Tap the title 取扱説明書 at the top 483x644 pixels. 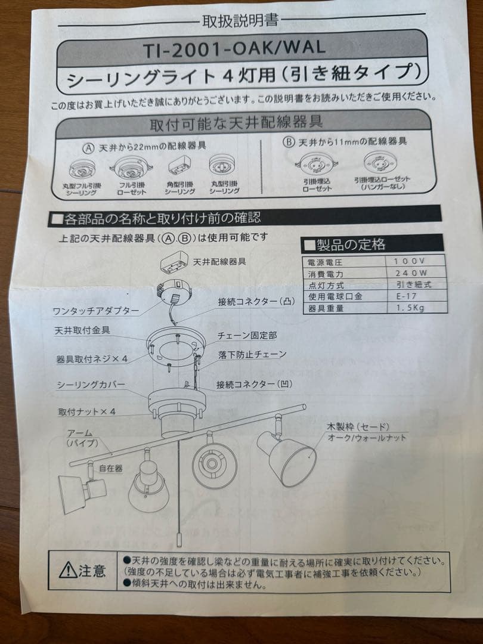(241, 21)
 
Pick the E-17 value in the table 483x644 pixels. (405, 296)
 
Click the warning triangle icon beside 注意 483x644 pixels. (67, 571)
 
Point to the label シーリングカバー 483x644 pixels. (91, 385)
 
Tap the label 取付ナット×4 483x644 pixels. (86, 411)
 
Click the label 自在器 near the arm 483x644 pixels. (111, 469)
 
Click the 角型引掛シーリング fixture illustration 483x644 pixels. (179, 168)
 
